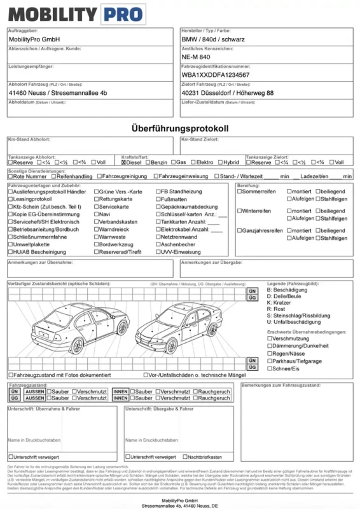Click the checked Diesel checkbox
click(x=124, y=163)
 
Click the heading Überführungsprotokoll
click(x=180, y=129)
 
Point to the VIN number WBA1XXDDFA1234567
click(x=216, y=75)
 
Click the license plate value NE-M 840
click(x=196, y=57)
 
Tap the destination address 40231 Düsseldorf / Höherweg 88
click(x=227, y=93)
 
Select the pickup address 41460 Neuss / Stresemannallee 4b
click(x=58, y=93)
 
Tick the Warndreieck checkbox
click(x=97, y=229)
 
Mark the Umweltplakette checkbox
click(x=10, y=244)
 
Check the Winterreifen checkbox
click(x=240, y=211)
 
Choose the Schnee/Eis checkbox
click(x=270, y=369)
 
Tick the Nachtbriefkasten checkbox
click(x=185, y=457)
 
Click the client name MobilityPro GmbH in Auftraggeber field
click(x=34, y=39)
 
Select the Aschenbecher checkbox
click(x=157, y=244)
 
